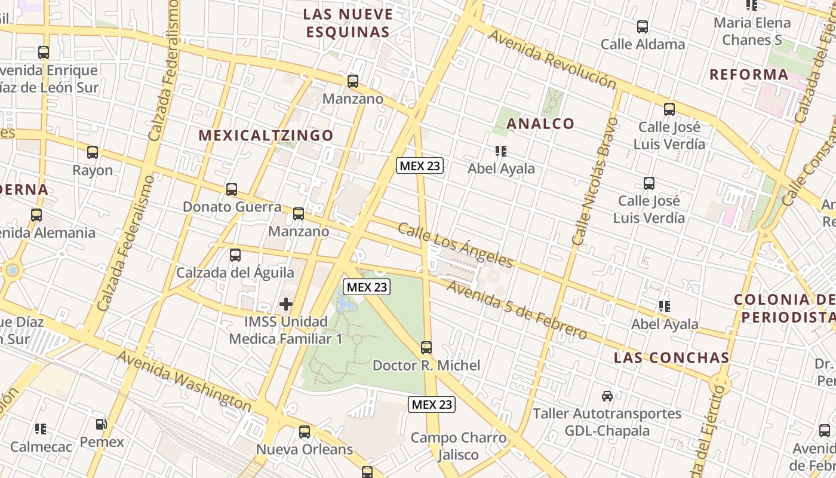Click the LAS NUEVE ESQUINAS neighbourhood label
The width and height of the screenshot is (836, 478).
(x=348, y=23)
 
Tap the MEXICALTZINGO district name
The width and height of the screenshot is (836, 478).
(x=266, y=136)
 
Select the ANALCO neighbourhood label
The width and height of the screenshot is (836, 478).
(x=540, y=124)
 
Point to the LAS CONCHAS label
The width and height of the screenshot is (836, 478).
(x=672, y=358)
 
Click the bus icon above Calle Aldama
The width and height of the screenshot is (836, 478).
(x=643, y=27)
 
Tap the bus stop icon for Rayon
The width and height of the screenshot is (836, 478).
(x=93, y=152)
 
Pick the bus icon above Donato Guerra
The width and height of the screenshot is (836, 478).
(x=232, y=189)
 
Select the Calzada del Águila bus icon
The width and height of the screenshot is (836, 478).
(x=235, y=255)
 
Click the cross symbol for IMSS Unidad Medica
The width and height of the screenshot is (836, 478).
(x=286, y=304)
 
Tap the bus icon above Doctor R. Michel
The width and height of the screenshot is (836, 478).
(x=426, y=348)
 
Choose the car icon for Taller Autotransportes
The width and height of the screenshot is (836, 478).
(x=607, y=396)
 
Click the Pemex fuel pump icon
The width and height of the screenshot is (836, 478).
(x=102, y=425)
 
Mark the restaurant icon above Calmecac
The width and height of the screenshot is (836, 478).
(x=41, y=428)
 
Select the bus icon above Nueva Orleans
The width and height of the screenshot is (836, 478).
(x=305, y=431)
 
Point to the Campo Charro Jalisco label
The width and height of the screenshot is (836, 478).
(x=458, y=446)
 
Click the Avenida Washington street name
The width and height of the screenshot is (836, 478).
(x=184, y=381)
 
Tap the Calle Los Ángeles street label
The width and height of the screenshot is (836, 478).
(x=455, y=245)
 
